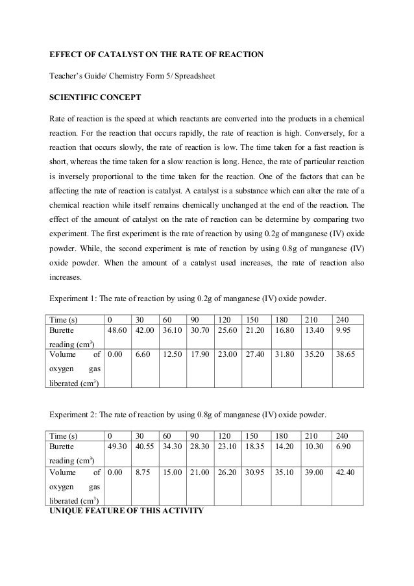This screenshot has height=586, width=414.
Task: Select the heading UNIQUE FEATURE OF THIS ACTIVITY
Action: tap(127, 509)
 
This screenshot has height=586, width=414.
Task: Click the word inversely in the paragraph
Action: tap(74, 176)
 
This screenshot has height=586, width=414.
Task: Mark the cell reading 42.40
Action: tap(344, 472)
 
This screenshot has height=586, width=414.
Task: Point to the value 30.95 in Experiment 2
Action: tap(254, 472)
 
